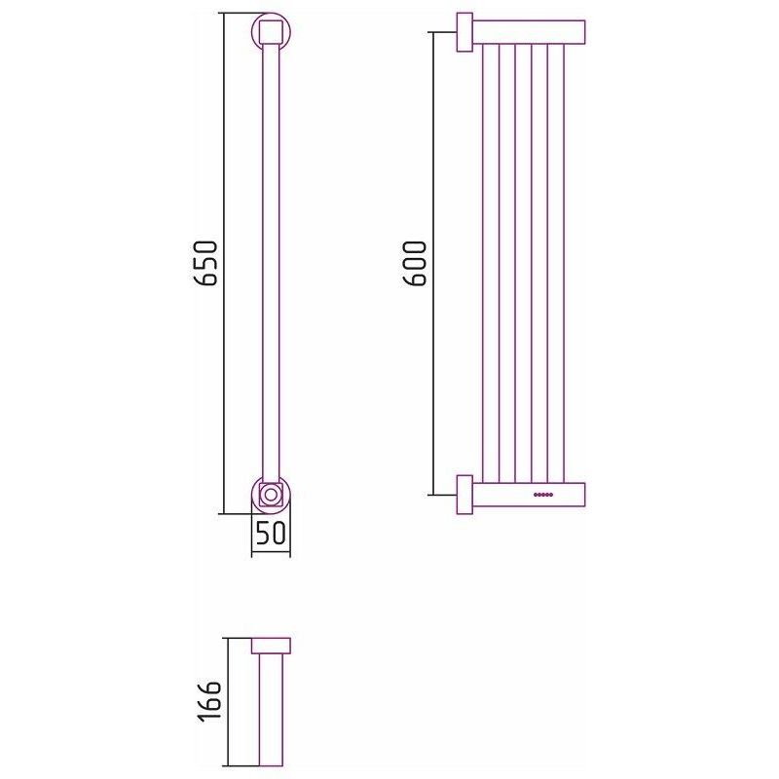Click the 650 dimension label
click(x=205, y=263)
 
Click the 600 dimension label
click(x=414, y=263)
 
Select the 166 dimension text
click(x=208, y=701)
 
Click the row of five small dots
click(x=543, y=495)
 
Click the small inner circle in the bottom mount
click(x=271, y=495)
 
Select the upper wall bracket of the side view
click(x=464, y=32)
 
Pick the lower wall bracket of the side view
click(x=464, y=495)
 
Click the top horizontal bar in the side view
click(x=529, y=32)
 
